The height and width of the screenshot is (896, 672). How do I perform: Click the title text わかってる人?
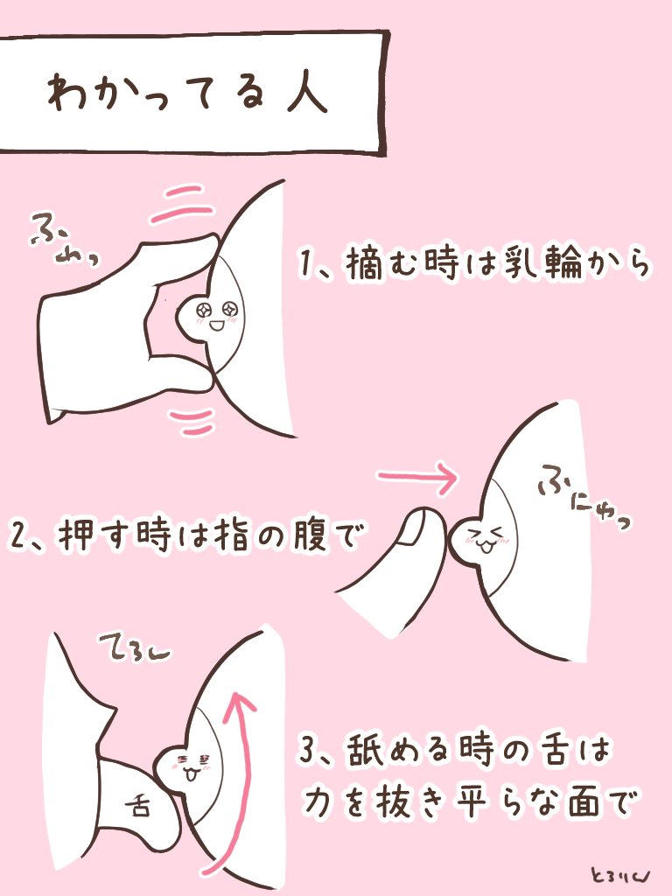point(187,94)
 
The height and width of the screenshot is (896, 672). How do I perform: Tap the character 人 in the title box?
point(303,93)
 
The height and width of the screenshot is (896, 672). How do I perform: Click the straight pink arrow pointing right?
point(417,479)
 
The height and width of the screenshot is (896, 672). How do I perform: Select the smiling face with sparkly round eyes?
point(214,316)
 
